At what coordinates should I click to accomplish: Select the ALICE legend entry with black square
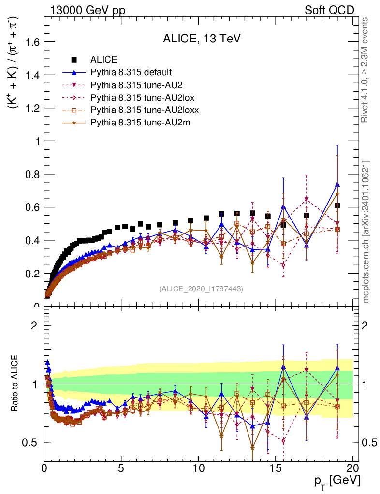103,60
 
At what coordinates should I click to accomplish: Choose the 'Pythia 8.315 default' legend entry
131,72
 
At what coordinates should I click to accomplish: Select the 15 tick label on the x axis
276,468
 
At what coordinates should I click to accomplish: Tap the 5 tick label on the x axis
121,468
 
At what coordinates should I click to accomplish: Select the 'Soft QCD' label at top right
329,10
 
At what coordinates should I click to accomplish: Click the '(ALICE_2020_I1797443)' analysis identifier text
201,288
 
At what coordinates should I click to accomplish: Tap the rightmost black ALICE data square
337,205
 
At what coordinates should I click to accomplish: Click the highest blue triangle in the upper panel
337,184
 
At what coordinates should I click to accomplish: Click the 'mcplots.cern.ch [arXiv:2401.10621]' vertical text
366,232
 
